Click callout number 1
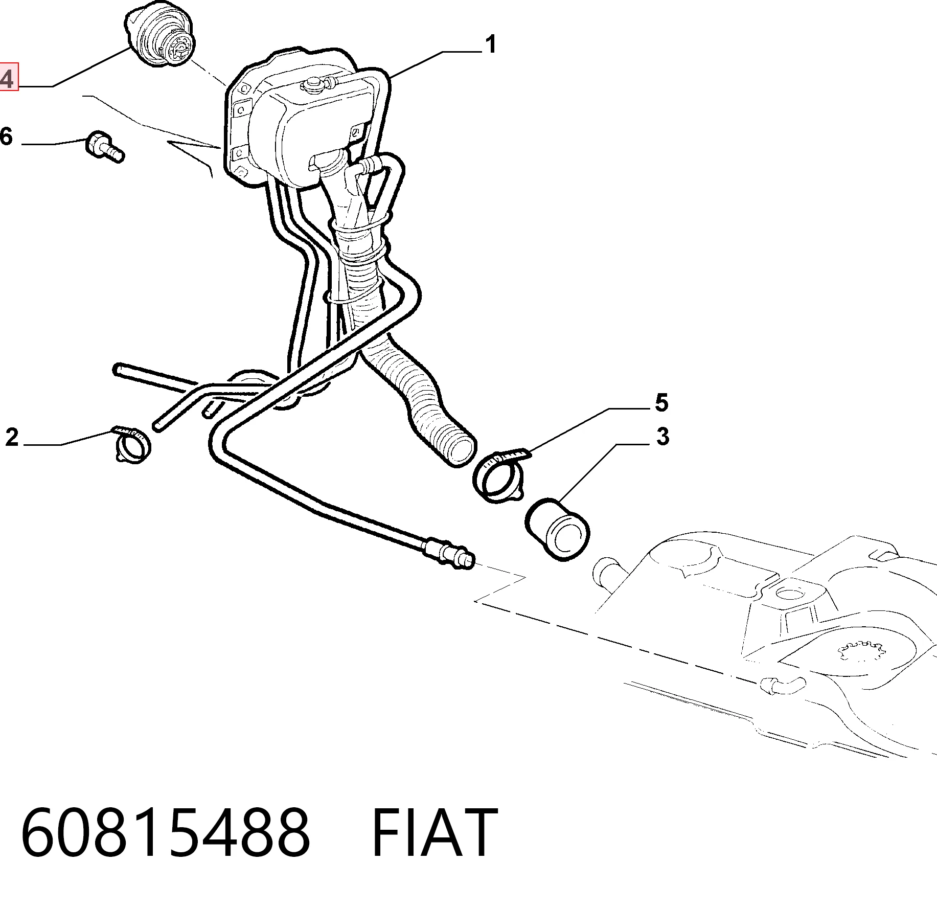(x=490, y=44)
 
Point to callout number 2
(x=12, y=438)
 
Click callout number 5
(x=661, y=403)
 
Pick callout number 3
(x=662, y=437)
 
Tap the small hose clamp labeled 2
(x=131, y=443)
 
